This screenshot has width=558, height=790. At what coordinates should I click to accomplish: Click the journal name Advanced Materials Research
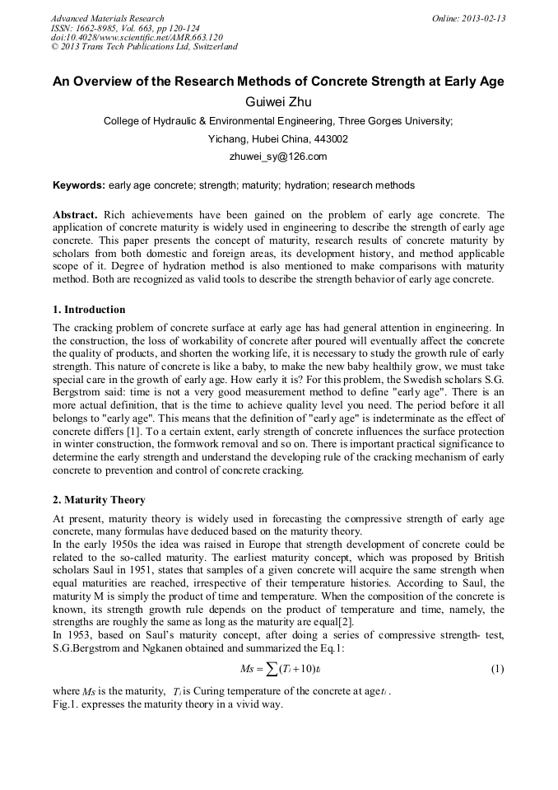[107, 18]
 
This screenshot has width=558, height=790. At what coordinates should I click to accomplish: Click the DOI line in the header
[123, 37]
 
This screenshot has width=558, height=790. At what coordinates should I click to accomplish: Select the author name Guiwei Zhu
[278, 102]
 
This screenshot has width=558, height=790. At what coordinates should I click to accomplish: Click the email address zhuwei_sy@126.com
[278, 157]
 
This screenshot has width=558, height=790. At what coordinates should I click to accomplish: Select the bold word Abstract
[77, 215]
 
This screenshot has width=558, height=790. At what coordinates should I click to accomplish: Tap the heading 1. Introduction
[89, 310]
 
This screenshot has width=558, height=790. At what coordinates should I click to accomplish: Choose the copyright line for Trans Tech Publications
[144, 47]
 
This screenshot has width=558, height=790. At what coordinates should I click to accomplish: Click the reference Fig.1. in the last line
[67, 707]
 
